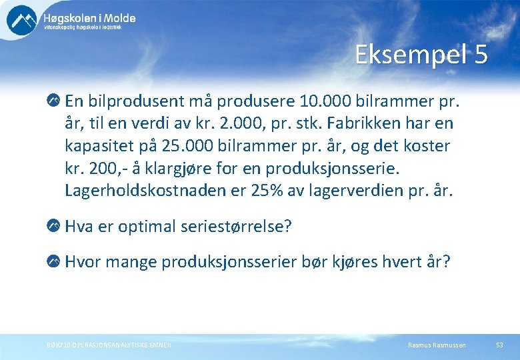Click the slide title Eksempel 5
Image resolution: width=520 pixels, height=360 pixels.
421,55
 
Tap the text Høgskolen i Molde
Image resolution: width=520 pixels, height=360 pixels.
89,18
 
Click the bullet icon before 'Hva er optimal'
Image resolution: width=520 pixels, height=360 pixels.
53,227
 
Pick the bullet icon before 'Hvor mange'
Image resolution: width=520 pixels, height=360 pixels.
53,262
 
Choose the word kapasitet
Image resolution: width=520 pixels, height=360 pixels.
103,146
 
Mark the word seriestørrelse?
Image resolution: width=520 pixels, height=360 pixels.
236,227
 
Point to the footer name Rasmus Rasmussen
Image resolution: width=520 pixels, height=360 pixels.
437,345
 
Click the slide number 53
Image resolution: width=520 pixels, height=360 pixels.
499,345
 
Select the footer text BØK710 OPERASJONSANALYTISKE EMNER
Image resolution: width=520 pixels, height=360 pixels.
109,345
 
